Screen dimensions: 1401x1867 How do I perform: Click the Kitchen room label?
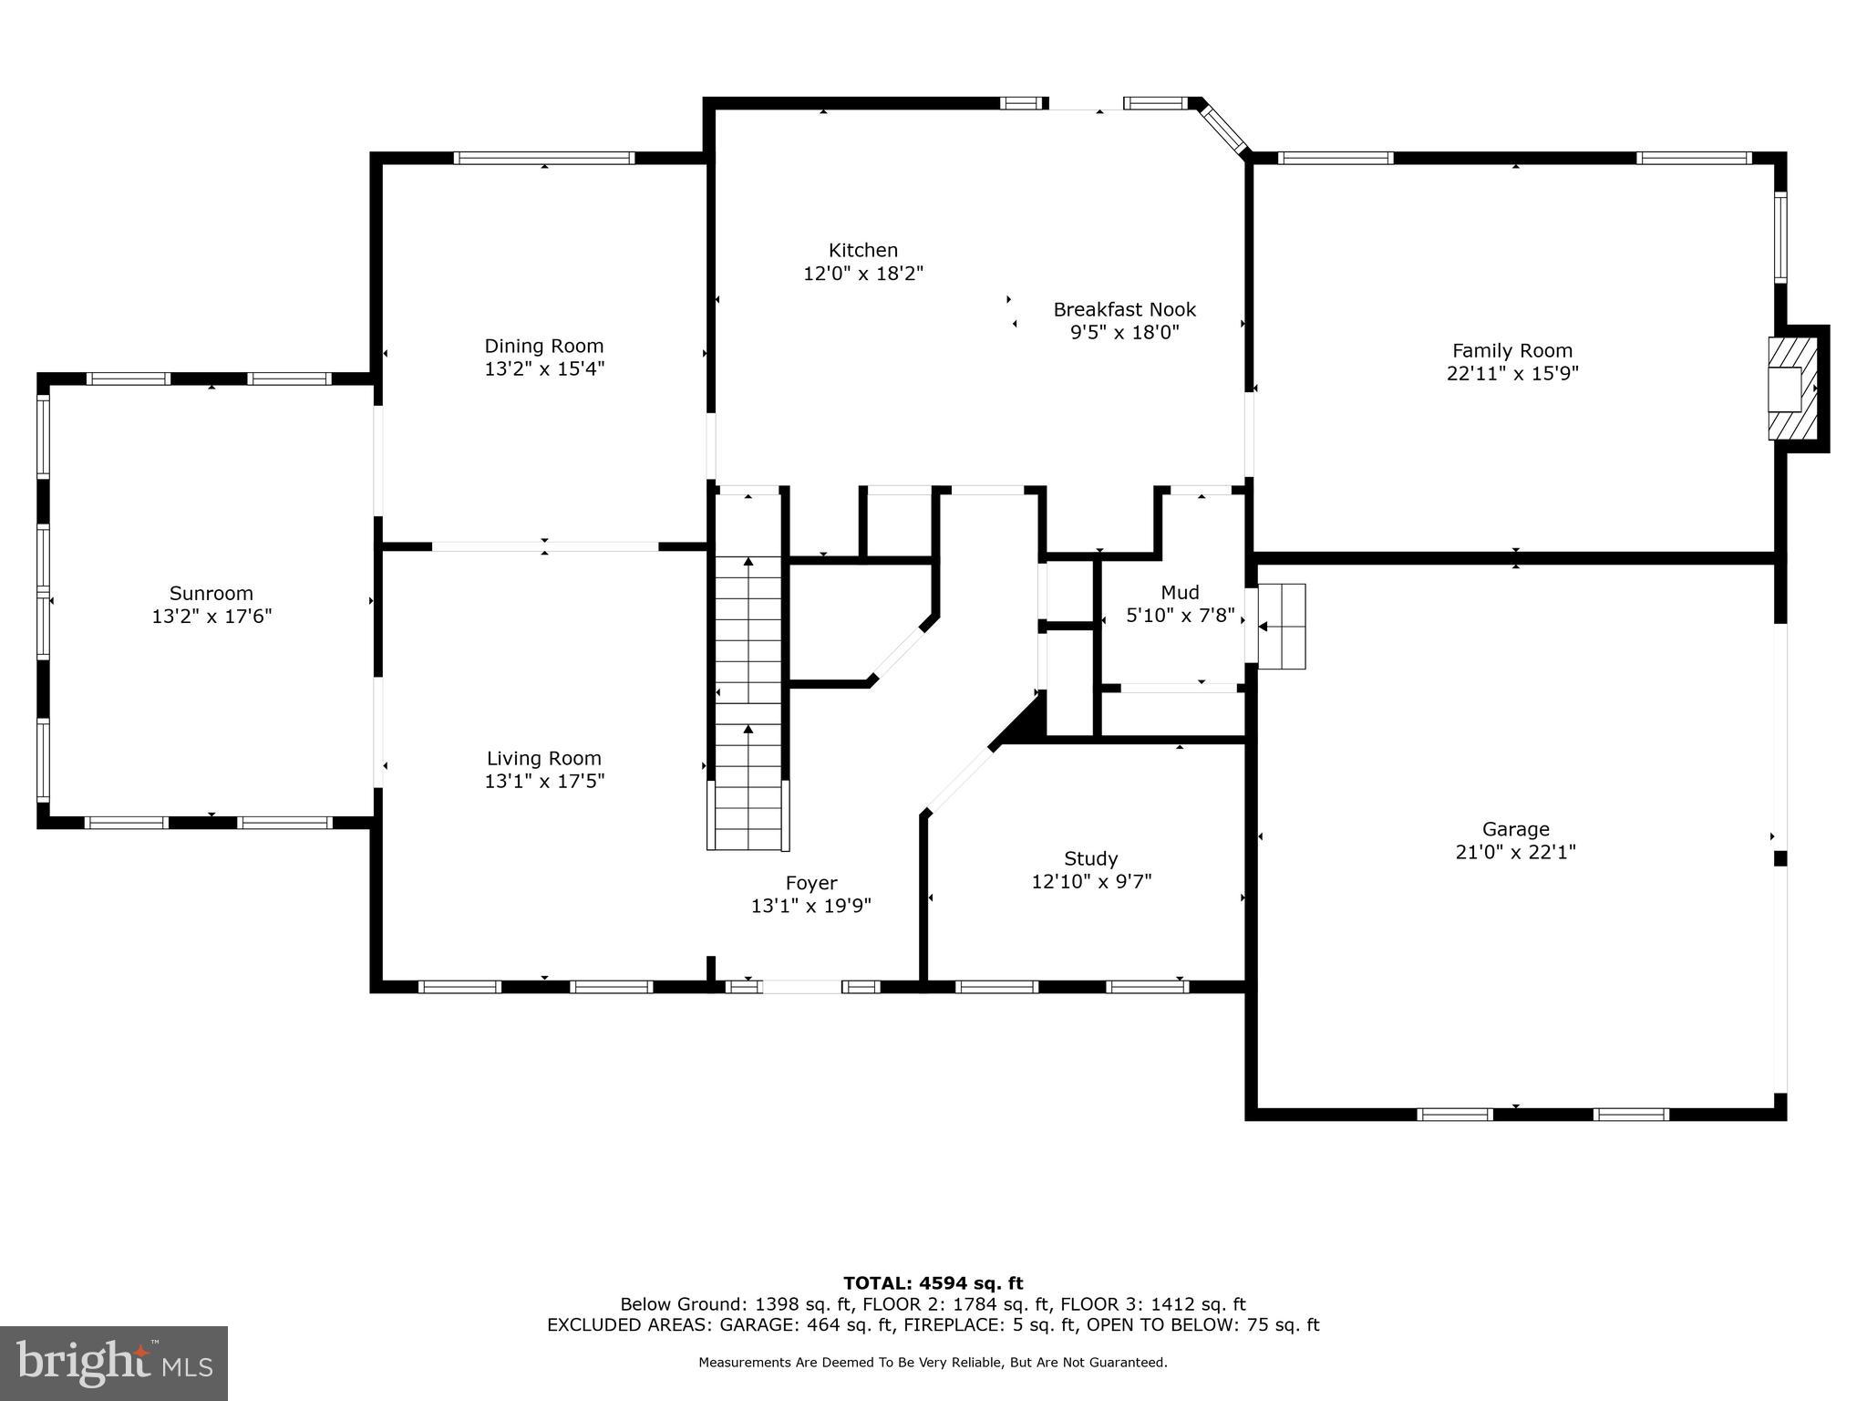tap(862, 250)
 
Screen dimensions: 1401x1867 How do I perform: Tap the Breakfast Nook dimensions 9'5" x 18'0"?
tap(1124, 333)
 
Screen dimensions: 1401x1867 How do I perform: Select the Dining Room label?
tap(543, 346)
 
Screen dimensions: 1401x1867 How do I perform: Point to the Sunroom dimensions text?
tap(211, 617)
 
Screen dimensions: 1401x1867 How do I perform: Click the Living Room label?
tap(543, 758)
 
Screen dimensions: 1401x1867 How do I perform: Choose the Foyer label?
tap(810, 883)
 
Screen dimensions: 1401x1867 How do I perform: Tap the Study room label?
tap(1090, 858)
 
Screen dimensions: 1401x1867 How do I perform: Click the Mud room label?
tap(1180, 592)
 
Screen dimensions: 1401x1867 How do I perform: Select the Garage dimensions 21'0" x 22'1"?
tap(1515, 852)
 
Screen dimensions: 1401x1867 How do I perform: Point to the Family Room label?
tap(1511, 350)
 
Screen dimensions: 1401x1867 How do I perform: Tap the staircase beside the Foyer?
tap(748, 702)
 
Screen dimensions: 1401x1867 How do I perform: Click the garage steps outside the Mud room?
tap(1282, 626)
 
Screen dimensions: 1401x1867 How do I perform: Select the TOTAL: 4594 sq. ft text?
tap(933, 1283)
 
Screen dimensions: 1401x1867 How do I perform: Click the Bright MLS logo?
tap(113, 1363)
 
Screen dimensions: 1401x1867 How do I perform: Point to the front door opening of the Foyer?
tap(801, 986)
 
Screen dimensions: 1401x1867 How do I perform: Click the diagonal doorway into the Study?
tap(957, 781)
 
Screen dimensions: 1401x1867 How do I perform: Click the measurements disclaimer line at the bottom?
tap(933, 1363)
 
